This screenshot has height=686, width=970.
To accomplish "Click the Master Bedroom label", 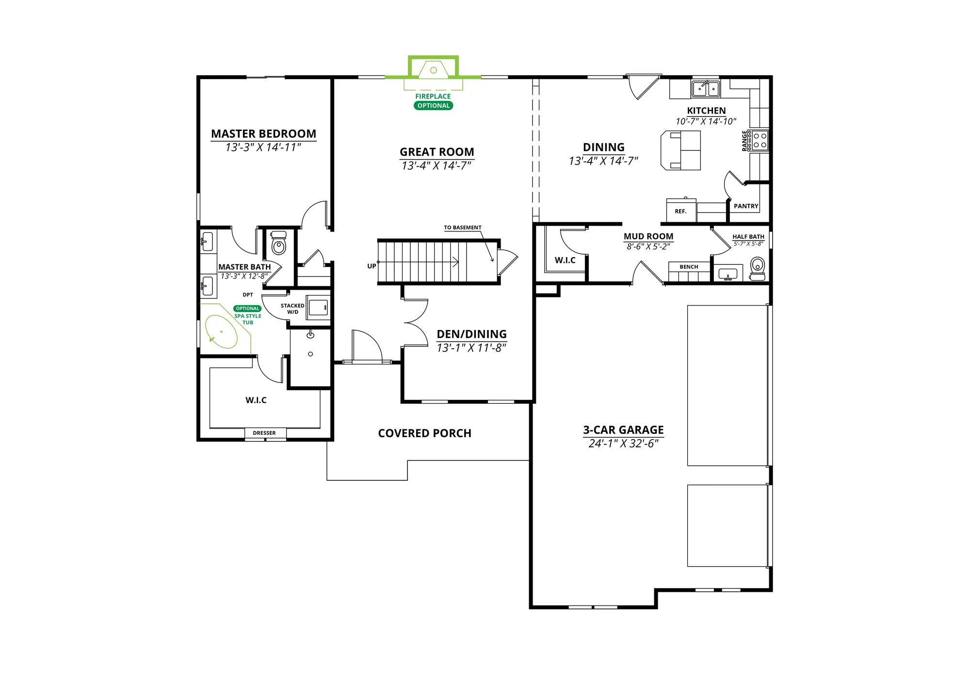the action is (x=263, y=133).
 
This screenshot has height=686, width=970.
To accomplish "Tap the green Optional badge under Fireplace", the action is (x=433, y=106).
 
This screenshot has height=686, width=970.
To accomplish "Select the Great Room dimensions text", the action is (x=436, y=166).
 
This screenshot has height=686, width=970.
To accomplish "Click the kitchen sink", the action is (x=706, y=89).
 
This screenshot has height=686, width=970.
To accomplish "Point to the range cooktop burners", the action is (x=760, y=140).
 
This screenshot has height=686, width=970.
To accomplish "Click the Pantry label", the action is (x=746, y=206).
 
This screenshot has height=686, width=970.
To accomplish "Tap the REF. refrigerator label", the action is (x=680, y=212).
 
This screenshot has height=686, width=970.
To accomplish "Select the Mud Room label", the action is (x=648, y=236).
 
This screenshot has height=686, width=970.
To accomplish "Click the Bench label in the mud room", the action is (x=689, y=267).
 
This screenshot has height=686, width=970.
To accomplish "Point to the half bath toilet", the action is (x=758, y=269).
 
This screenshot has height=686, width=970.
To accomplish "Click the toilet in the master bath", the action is (x=278, y=243).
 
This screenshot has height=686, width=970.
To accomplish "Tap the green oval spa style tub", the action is (x=221, y=332).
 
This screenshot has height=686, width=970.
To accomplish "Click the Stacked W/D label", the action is (x=292, y=309).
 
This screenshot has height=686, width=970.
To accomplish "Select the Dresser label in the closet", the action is (x=264, y=433).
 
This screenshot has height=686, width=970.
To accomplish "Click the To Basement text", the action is (x=463, y=228).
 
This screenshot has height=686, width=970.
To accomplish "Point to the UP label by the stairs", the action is (x=372, y=266).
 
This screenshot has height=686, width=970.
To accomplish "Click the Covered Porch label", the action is (x=424, y=433).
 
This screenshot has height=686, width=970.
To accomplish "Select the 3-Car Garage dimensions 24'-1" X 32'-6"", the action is (x=623, y=444).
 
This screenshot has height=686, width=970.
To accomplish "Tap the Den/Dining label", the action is (x=471, y=334).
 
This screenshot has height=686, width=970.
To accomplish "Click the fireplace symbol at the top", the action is (x=433, y=70).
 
